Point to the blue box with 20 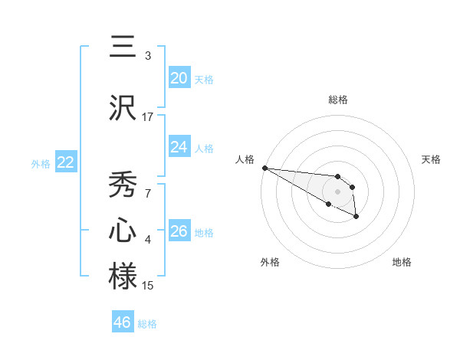click(179, 78)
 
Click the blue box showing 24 click(179, 147)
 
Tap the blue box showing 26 click(179, 231)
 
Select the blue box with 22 click(65, 162)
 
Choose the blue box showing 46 click(122, 322)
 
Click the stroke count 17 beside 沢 click(148, 117)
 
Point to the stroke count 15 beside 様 click(148, 286)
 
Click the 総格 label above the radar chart click(337, 100)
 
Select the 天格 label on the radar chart click(432, 159)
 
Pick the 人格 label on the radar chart click(244, 159)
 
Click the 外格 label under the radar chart click(270, 262)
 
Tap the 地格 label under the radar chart click(402, 262)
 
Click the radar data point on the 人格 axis click(264, 168)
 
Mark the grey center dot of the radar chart click(337, 191)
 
